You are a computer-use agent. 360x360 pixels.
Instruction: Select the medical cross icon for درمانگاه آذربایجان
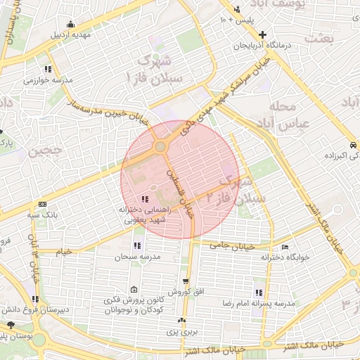point(262,34)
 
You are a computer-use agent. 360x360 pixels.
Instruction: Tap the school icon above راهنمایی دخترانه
point(145,199)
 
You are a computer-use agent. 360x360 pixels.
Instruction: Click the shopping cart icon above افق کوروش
point(186,281)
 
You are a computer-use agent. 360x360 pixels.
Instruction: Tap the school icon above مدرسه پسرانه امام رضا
point(259,292)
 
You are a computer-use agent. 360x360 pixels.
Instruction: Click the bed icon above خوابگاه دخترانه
point(285,247)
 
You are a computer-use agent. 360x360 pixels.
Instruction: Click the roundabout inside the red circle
point(160,147)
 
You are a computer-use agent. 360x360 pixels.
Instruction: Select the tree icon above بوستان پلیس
point(11,325)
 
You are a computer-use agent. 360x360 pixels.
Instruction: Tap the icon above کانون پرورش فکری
point(134,289)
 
